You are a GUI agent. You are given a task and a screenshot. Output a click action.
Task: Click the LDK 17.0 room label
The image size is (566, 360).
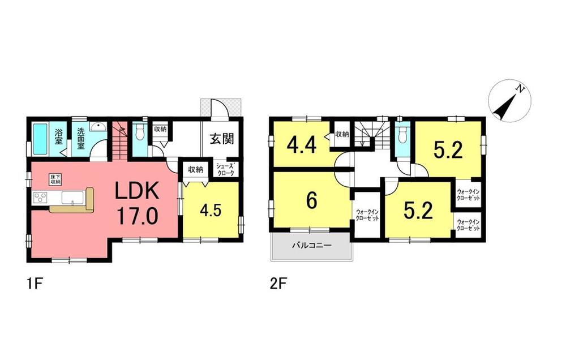[138, 203]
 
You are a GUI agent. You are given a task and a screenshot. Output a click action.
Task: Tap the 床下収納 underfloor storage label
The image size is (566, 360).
[55, 179]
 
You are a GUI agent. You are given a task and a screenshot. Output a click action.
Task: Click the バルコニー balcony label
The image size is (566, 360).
[311, 246]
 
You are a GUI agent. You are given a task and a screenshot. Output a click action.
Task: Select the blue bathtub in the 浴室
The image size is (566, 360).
[40, 139]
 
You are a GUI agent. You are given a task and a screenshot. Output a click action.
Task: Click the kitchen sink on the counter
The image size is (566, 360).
[72, 198]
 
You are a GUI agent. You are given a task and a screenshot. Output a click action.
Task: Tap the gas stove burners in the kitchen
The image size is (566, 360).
[41, 198]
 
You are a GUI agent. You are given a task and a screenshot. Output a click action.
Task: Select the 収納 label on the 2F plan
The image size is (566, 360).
[341, 134]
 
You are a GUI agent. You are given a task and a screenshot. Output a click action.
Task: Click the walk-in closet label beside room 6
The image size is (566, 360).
[367, 215]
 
